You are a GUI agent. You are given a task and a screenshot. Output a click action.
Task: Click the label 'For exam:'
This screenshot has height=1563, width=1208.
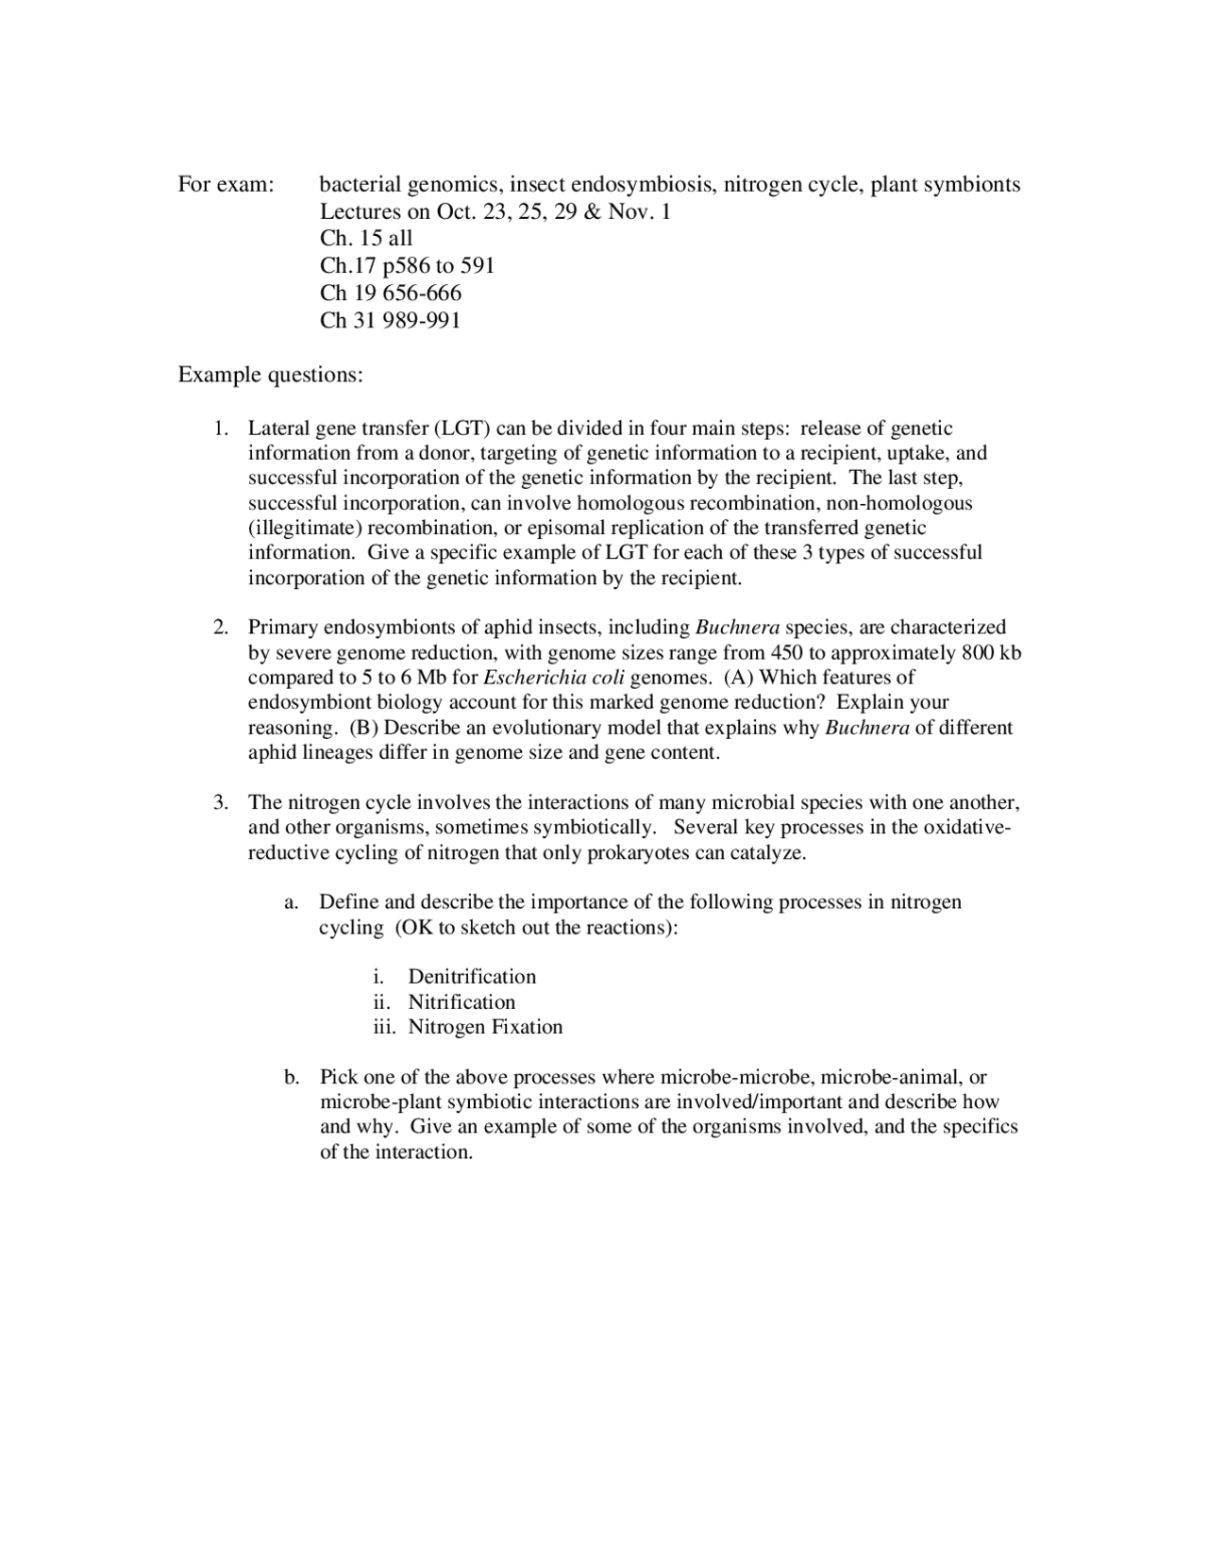point(226,184)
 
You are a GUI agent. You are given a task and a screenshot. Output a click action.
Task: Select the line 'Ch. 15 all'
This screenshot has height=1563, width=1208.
point(366,239)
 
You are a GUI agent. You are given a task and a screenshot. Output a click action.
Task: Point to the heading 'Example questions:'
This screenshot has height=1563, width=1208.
point(270,376)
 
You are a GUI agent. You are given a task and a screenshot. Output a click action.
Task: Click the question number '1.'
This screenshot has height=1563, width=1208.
point(220,429)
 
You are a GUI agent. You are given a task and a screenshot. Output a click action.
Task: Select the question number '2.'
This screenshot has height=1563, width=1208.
point(220,628)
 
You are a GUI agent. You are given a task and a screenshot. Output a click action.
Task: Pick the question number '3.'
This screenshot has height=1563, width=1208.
point(220,803)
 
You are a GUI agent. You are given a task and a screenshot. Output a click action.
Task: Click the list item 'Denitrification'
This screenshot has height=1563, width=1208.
point(472,977)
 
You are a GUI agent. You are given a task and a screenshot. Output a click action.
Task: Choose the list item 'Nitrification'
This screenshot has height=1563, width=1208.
point(461,1002)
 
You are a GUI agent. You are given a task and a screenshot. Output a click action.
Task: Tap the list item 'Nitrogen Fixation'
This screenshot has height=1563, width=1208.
point(485,1027)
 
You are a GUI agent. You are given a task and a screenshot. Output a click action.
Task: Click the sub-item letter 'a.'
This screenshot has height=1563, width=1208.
point(292,902)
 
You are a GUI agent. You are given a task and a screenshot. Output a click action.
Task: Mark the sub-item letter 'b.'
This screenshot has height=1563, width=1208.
point(292,1077)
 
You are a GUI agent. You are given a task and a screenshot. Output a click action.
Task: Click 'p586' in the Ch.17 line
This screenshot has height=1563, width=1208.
point(406,266)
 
